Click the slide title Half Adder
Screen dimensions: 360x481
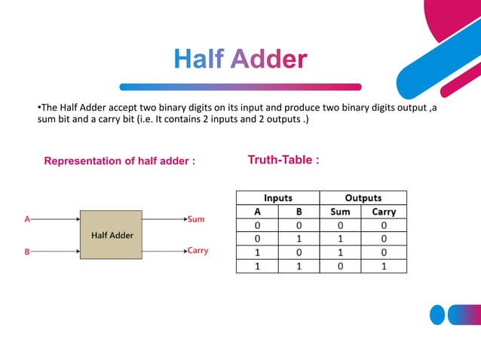[x=240, y=59]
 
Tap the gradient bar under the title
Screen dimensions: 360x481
[x=240, y=87]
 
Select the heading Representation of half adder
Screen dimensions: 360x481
[x=120, y=161]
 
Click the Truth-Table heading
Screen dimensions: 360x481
[x=283, y=160]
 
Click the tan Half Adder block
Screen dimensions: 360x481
[x=112, y=235]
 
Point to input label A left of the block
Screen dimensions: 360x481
[x=27, y=219]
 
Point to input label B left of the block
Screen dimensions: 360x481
[x=27, y=252]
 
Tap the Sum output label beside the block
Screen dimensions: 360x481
[x=196, y=219]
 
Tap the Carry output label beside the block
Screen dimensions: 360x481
[x=198, y=251]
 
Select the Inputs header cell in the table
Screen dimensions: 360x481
[x=278, y=198]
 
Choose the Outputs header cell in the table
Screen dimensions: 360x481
[x=363, y=198]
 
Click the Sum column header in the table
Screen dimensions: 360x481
[x=341, y=212]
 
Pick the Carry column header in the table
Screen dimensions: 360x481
[x=384, y=212]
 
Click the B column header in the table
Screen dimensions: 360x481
[x=299, y=212]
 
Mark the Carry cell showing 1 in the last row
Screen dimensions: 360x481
[x=384, y=266]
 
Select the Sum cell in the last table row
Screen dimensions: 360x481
[x=341, y=266]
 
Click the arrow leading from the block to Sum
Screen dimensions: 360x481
[x=163, y=219]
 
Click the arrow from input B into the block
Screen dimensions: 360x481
[x=55, y=252]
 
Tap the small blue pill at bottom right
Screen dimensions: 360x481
[x=437, y=314]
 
